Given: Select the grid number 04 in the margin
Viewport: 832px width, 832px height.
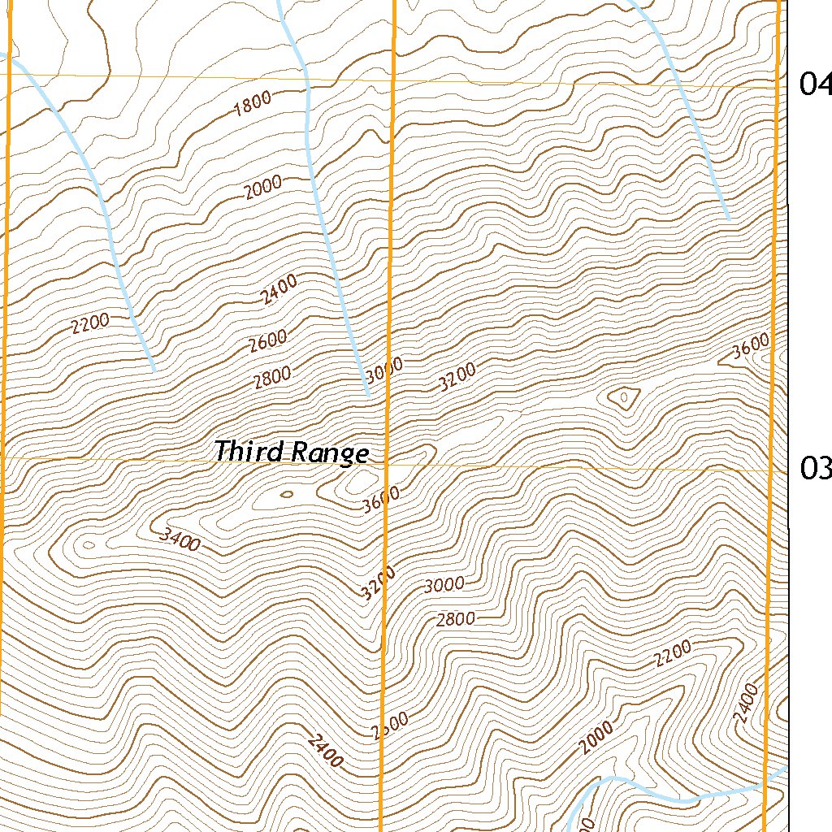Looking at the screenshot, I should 815,84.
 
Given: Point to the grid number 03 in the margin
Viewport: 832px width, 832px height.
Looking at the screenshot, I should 815,468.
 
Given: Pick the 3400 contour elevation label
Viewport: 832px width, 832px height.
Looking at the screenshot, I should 180,539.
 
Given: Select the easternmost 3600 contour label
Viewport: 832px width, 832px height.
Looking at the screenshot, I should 750,348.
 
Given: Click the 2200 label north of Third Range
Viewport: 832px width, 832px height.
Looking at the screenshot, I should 89,324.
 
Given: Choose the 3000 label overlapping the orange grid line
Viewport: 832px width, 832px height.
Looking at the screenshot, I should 383,373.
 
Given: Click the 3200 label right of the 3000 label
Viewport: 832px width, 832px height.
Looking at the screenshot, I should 457,378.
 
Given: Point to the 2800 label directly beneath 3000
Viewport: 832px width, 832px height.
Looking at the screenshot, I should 455,620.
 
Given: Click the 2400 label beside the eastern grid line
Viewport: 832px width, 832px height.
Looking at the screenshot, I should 745,704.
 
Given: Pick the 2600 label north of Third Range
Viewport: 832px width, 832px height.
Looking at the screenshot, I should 268,340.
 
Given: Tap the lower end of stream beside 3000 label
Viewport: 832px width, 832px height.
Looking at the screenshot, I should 368,395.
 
